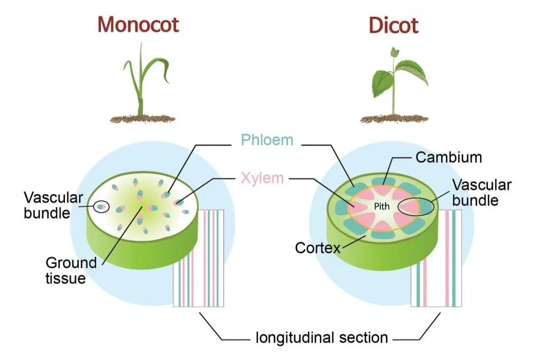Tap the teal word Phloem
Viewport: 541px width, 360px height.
[267, 140]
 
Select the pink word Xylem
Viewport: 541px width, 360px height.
[262, 178]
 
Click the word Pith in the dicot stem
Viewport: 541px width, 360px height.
[381, 206]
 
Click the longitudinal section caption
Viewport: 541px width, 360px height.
[322, 337]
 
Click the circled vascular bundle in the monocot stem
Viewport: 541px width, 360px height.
[100, 206]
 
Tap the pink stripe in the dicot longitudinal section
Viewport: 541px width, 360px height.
[447, 259]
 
